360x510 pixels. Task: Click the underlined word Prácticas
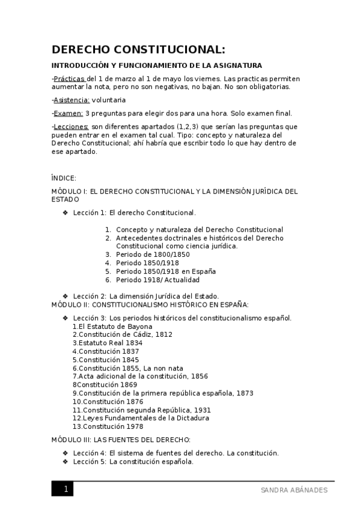coord(69,79)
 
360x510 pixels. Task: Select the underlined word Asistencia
coord(71,100)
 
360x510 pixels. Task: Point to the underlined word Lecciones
coord(71,126)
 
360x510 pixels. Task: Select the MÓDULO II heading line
coord(150,305)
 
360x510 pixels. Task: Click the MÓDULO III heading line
coord(121,440)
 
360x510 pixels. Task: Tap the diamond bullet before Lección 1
coord(66,213)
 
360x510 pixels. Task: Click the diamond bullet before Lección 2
coord(66,296)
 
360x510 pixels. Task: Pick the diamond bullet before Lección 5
coord(66,462)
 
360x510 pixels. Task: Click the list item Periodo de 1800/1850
coord(153,254)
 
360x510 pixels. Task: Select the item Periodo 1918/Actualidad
coord(157,280)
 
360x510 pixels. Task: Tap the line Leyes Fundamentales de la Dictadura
coord(141,418)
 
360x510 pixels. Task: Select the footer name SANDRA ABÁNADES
coord(294,490)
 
